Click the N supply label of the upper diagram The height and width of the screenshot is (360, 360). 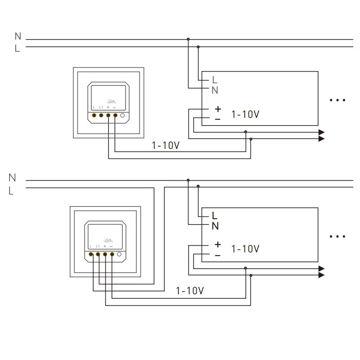18,36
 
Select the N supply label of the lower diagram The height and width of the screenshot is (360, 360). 12,178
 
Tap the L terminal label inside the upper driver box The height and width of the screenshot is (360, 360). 215,80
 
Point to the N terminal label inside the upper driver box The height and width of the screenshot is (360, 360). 215,90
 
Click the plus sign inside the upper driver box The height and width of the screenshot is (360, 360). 218,109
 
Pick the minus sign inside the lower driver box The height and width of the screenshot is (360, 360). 218,255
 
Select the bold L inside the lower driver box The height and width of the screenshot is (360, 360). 215,215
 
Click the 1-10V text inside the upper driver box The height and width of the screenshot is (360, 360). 245,114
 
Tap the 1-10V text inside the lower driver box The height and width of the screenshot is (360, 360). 245,248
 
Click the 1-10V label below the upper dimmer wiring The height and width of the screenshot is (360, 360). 166,146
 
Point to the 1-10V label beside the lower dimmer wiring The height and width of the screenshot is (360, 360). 190,291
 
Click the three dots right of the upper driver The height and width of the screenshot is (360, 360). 337,100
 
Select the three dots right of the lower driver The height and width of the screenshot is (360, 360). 337,235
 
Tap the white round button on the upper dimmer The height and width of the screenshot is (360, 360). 123,116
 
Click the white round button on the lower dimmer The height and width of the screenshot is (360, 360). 120,255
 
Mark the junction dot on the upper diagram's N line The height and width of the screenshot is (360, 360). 188,39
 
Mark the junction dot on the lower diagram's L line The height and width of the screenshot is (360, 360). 198,186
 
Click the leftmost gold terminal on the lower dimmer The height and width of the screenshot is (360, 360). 91,255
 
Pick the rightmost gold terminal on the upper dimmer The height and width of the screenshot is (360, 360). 115,116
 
